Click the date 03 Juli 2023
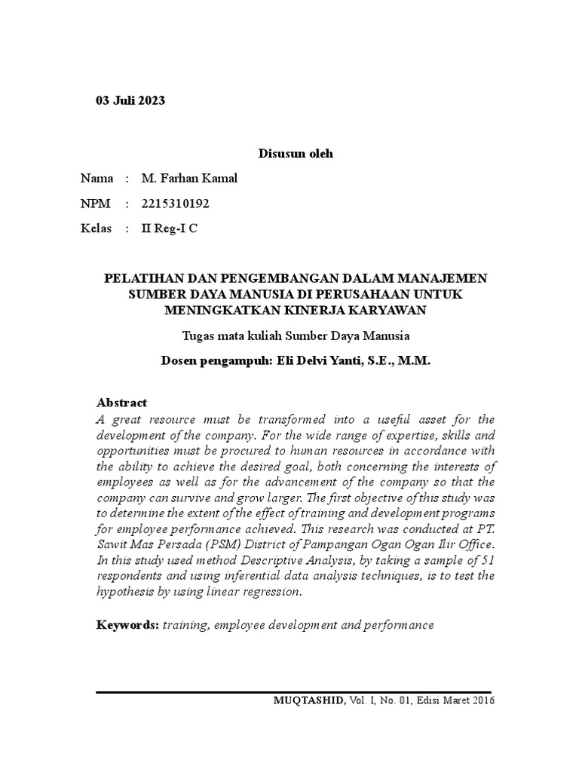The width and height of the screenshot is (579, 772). (x=130, y=100)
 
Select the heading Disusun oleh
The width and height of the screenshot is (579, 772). (x=296, y=154)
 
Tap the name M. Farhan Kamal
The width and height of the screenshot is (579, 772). (x=189, y=179)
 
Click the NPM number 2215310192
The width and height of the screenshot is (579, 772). (x=176, y=204)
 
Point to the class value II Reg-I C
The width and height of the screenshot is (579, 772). (x=170, y=228)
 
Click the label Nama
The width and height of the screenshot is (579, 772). (x=97, y=179)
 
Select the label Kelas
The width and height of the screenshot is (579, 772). (x=96, y=228)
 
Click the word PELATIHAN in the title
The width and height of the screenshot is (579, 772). (x=139, y=278)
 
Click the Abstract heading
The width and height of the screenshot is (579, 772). (x=122, y=403)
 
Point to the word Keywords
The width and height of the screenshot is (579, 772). (x=127, y=625)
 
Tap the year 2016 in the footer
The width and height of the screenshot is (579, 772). (x=482, y=700)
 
